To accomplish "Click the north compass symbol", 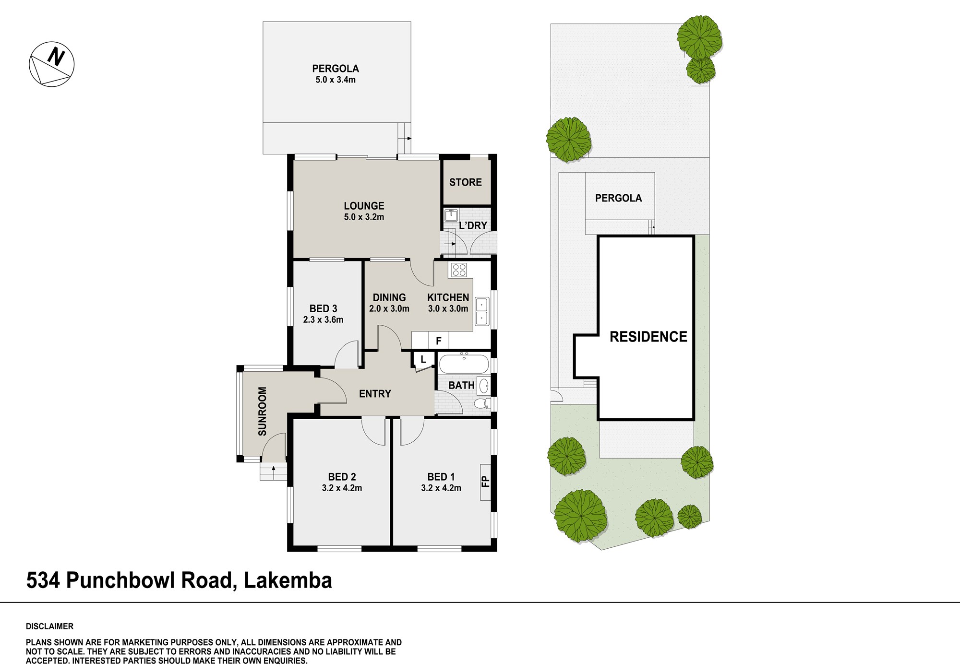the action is tap(52, 64).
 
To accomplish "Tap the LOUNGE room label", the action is tap(364, 206).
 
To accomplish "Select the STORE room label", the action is tap(466, 182).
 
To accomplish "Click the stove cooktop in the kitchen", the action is tap(458, 270).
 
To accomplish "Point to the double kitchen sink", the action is tap(481, 311).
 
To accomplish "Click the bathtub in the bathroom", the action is tap(464, 363).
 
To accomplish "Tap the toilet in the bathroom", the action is tap(482, 403).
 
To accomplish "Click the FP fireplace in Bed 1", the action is tap(485, 482).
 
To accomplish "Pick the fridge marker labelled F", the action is tap(438, 341).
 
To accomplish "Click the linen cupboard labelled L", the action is tap(423, 359).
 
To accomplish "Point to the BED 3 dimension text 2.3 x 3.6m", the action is tap(323, 319).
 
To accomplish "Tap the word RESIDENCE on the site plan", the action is tap(648, 337).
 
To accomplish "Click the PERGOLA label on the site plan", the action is tap(618, 198).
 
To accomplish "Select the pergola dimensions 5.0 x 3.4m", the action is tap(336, 80).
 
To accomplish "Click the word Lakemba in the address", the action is tap(288, 580).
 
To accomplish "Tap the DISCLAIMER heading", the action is tap(50, 626).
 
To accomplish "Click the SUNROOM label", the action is tap(263, 411).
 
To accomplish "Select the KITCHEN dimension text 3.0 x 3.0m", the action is tap(448, 308).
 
